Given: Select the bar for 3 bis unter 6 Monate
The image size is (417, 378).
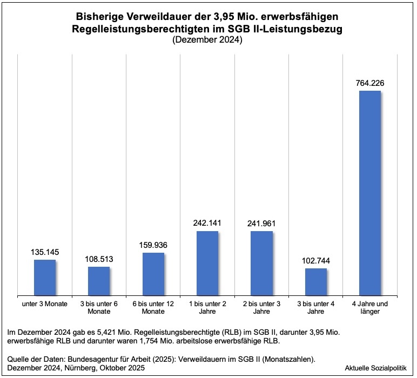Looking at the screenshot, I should pos(99,281).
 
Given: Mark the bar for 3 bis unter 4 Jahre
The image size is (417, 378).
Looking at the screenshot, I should pos(316,281).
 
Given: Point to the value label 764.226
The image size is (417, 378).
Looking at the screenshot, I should pos(370,83).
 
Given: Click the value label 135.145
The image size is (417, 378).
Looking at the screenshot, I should pos(45,252).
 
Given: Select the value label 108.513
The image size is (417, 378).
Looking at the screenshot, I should pos(99,259).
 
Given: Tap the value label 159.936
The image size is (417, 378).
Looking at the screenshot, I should pos(153,245).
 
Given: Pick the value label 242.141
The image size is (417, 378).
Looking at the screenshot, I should pos(207,223).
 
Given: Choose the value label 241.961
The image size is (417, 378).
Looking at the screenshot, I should pos(262,223).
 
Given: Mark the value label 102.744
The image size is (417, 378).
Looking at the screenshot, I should pos(316,260).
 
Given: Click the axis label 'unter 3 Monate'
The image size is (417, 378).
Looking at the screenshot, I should pos(45,304).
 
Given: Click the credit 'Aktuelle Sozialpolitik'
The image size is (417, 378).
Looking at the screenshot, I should pos(375,368).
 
